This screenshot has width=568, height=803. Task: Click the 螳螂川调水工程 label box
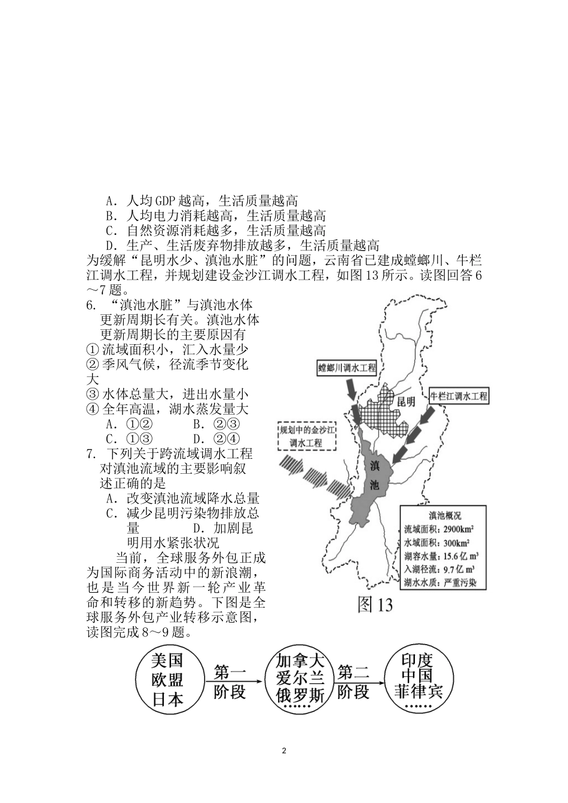pyautogui.click(x=347, y=367)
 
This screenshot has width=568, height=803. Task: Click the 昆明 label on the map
pyautogui.click(x=406, y=401)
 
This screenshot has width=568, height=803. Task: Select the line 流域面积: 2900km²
pyautogui.click(x=439, y=529)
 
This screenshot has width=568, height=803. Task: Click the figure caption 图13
pyautogui.click(x=375, y=605)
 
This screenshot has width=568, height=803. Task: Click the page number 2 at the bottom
pyautogui.click(x=284, y=750)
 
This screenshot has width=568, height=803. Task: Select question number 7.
pyautogui.click(x=91, y=454)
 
